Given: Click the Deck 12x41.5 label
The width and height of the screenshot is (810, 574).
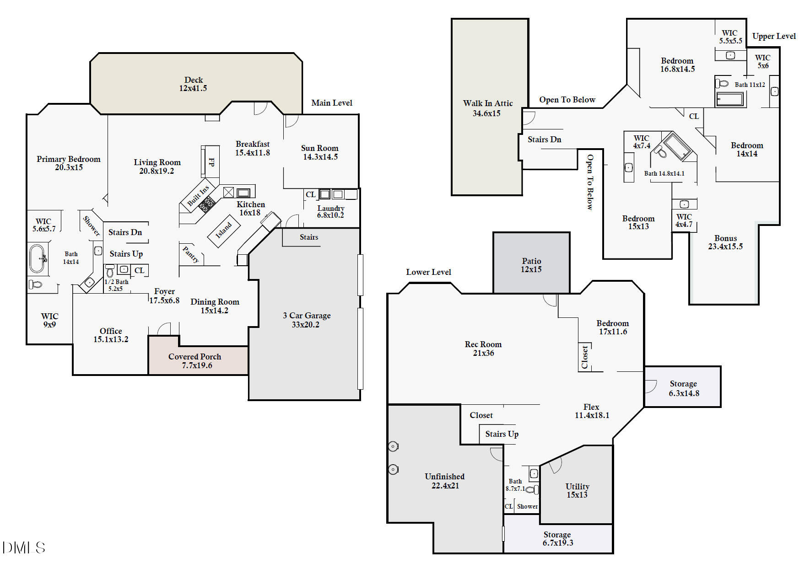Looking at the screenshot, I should pos(193,84).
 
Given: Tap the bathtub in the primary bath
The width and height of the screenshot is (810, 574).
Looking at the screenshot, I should pos(37,258).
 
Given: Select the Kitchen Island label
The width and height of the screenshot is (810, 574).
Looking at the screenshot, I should pos(224,231).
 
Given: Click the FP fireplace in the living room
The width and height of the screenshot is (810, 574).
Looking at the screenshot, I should pos(211,162).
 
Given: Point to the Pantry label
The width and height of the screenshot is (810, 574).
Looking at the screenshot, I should pos(191,254).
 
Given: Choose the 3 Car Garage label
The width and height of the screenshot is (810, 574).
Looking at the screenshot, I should pos(306,320).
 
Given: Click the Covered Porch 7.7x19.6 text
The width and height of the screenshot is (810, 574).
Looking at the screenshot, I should pos(195,361).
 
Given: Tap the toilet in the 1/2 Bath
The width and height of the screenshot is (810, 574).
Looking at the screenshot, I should pos(110,270).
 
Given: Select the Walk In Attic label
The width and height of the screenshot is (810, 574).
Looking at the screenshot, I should pos(487,108).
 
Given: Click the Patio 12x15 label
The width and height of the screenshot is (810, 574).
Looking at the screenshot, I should pos(531,265).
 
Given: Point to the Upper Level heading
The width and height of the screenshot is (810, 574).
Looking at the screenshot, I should pos(774,36).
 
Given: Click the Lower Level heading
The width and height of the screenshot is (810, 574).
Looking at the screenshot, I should pos(428,272).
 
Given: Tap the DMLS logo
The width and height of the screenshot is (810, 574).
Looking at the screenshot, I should pos(24,547).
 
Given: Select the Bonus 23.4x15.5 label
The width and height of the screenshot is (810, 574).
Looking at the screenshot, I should pos(725,242).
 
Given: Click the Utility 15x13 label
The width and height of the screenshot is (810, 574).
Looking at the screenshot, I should pos(577,490).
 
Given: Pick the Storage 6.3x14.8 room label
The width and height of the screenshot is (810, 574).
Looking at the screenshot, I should pos(684,388).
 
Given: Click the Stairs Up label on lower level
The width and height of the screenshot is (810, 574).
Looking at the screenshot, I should pos(502,434).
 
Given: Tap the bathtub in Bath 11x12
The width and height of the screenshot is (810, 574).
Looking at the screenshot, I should pos(729,99).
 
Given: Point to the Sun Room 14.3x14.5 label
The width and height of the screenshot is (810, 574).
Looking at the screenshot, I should pos(320,152).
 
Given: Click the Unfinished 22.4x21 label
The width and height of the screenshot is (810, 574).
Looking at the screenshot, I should pos(444,481).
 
